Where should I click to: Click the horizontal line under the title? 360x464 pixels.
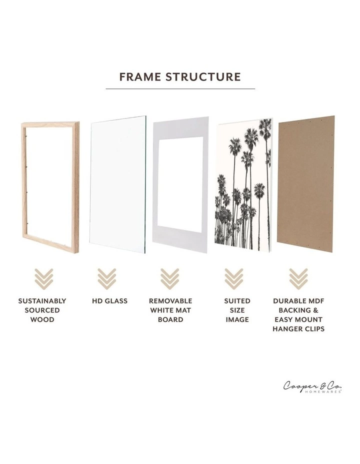pyautogui.click(x=180, y=89)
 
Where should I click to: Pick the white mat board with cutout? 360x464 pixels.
pyautogui.click(x=180, y=185)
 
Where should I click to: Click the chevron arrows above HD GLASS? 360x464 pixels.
pyautogui.click(x=106, y=278)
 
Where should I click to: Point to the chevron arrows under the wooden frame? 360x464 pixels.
pyautogui.click(x=43, y=278)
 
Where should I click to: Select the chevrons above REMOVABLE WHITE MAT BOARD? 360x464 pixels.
pyautogui.click(x=170, y=278)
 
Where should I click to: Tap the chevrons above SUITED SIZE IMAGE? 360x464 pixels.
pyautogui.click(x=233, y=278)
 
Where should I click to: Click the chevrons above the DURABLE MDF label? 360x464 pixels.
pyautogui.click(x=298, y=278)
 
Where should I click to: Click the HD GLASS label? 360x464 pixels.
pyautogui.click(x=109, y=301)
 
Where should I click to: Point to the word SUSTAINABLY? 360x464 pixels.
pyautogui.click(x=42, y=301)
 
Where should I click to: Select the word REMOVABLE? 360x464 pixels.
pyautogui.click(x=170, y=301)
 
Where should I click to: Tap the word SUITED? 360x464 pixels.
pyautogui.click(x=237, y=301)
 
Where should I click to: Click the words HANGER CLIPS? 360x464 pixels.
pyautogui.click(x=298, y=329)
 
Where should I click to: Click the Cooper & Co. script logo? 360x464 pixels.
pyautogui.click(x=312, y=386)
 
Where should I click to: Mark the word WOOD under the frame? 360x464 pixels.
pyautogui.click(x=42, y=319)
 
